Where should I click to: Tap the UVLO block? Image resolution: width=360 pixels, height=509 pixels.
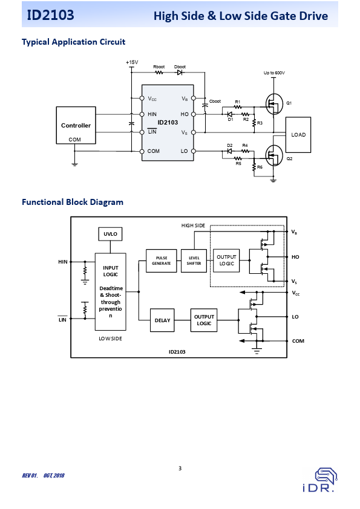[x=110, y=234]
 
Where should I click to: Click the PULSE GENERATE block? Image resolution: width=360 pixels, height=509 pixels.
[x=162, y=261]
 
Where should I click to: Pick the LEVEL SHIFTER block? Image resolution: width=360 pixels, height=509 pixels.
[x=194, y=261]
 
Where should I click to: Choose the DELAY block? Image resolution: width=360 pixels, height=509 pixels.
[x=162, y=320]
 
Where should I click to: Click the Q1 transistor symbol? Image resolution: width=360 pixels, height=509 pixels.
[x=274, y=104]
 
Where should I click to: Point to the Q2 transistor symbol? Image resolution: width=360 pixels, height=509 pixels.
[x=274, y=155]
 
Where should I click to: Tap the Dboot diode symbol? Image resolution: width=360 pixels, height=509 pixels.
[x=180, y=73]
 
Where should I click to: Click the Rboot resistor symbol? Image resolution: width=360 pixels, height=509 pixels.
[x=159, y=73]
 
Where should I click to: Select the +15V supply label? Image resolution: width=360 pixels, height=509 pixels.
[x=132, y=62]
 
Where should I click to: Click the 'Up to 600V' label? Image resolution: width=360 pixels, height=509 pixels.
[x=274, y=73]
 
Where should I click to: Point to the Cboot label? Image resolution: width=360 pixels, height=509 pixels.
[x=215, y=102]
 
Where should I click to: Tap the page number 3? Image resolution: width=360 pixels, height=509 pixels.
[x=180, y=468]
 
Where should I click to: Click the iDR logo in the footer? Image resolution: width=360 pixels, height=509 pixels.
[x=320, y=480]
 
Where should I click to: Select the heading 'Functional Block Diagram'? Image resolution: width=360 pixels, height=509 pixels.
[x=73, y=202]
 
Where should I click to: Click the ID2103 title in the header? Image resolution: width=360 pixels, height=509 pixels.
[x=50, y=15]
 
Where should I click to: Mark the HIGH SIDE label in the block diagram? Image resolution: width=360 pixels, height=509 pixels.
[x=194, y=225]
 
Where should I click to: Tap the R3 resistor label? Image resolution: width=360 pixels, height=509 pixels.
[x=260, y=123]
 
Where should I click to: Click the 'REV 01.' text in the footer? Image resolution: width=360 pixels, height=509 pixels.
[x=30, y=476]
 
